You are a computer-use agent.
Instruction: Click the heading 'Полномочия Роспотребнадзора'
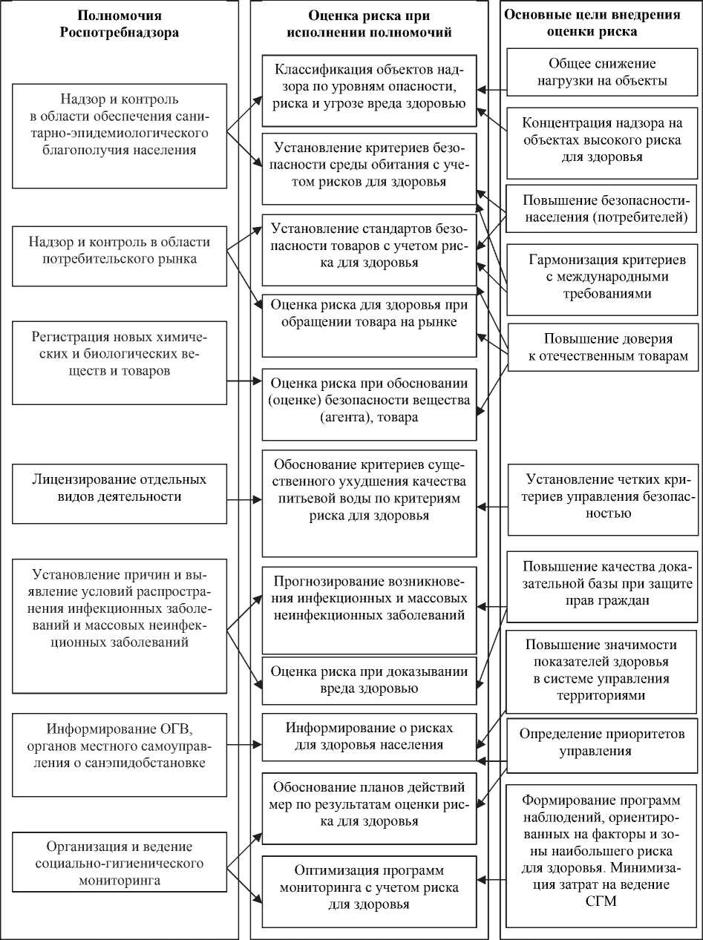(120, 24)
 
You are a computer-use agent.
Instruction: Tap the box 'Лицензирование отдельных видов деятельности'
(120, 487)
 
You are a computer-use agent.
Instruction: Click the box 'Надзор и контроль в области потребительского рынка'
(120, 251)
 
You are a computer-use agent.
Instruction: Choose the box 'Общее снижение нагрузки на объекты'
(602, 71)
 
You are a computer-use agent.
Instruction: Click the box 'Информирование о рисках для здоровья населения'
(369, 737)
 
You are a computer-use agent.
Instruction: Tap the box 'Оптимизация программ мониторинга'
(369, 887)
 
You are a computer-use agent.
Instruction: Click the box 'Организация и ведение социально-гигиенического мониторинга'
(120, 863)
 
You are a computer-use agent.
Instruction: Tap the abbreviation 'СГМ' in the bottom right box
(602, 901)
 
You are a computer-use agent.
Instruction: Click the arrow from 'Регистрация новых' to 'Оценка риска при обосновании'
(244, 382)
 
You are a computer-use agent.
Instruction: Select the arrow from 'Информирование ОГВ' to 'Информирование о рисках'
(244, 744)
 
